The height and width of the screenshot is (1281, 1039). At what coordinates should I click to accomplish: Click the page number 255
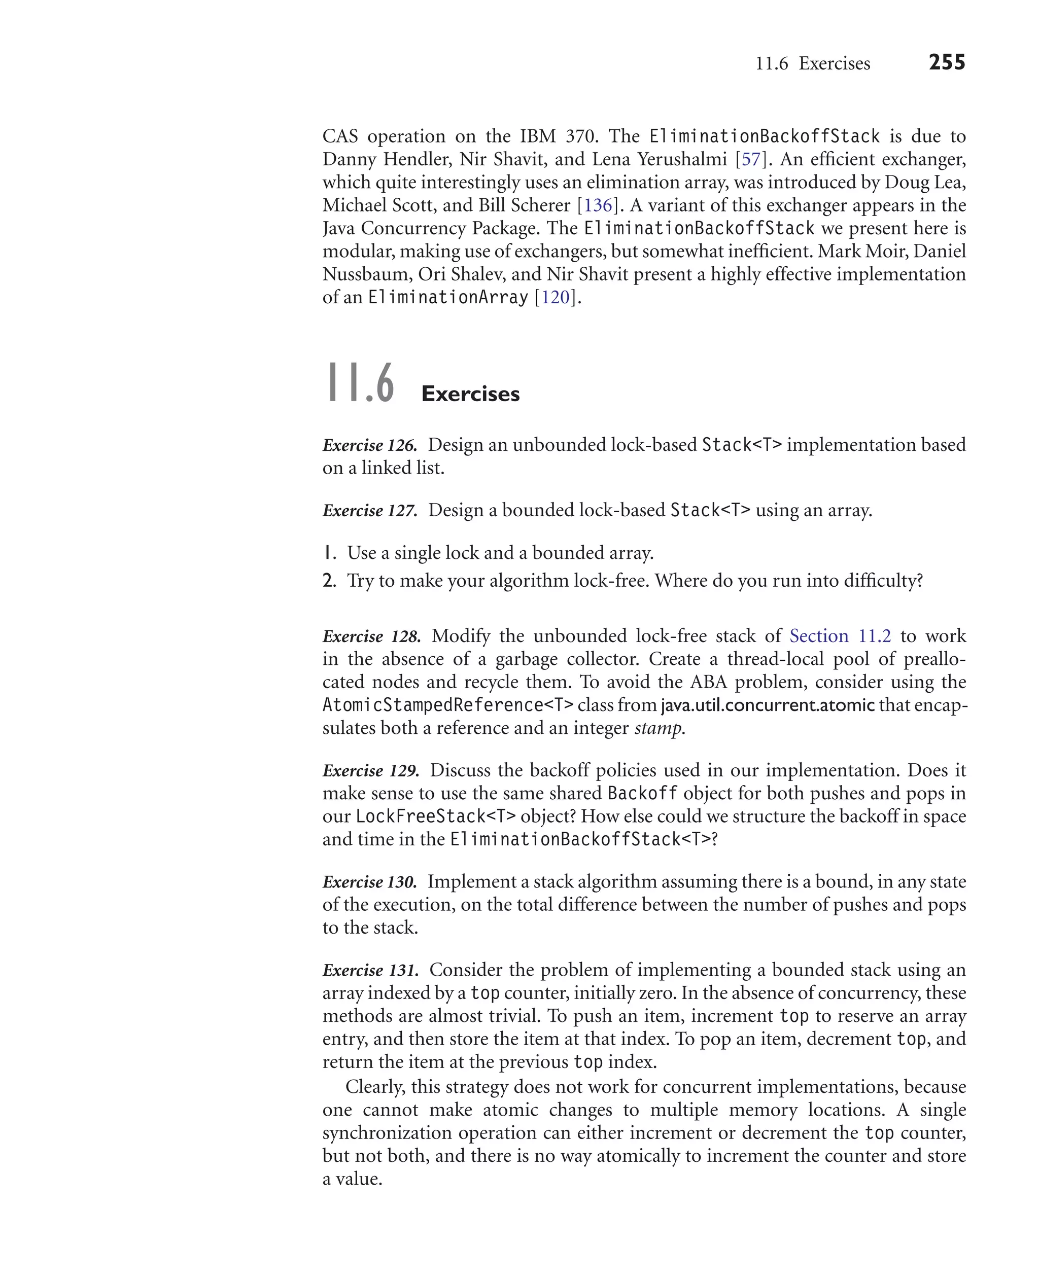(946, 62)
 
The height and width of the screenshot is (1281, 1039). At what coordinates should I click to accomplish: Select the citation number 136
(598, 205)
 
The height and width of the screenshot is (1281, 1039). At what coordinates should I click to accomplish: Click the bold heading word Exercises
(470, 394)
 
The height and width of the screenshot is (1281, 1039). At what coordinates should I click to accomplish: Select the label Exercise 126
(369, 445)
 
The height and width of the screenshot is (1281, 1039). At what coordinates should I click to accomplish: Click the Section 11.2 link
(840, 636)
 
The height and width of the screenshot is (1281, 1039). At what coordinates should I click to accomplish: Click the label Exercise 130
(369, 882)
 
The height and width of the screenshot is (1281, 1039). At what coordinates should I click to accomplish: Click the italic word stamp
(659, 728)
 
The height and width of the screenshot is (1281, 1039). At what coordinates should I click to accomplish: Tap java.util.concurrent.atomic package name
(767, 705)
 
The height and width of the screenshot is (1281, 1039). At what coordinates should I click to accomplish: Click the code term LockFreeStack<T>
(435, 816)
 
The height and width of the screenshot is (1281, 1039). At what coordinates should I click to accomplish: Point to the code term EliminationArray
(447, 297)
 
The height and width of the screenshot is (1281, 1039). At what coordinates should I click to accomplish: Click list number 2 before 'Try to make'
(329, 580)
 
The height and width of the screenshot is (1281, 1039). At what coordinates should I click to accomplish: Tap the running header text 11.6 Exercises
(812, 63)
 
